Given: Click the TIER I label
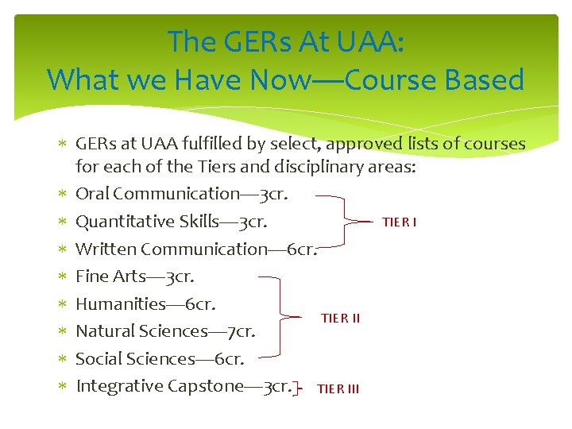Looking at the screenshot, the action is click(400, 222).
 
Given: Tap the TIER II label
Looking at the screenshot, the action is click(340, 319).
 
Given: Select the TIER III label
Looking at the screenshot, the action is click(338, 388).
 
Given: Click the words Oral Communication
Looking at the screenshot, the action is click(157, 194).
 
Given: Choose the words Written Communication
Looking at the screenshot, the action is click(172, 249).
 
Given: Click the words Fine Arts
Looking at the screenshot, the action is click(106, 276).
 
